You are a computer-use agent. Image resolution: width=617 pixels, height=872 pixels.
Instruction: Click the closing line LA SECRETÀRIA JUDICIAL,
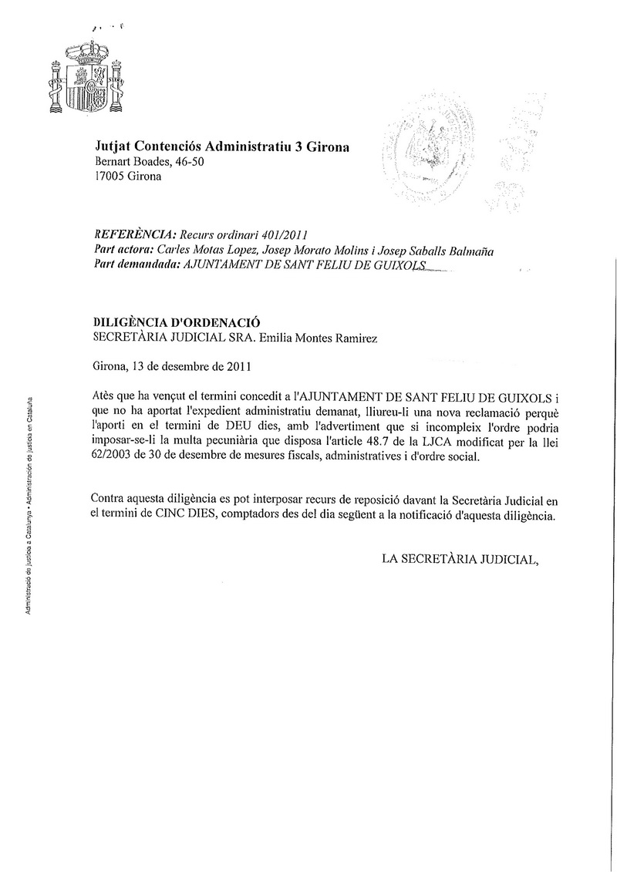point(458,559)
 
